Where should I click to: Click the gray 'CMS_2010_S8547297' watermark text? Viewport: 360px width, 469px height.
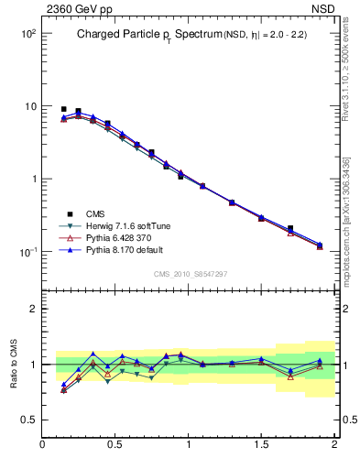(x=190, y=274)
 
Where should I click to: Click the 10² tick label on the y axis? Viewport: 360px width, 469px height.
(x=27, y=34)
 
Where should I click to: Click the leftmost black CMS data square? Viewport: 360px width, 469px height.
(x=63, y=109)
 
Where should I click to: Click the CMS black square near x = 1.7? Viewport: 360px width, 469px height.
(x=290, y=228)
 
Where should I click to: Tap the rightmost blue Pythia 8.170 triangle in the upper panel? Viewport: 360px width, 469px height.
(x=320, y=245)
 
